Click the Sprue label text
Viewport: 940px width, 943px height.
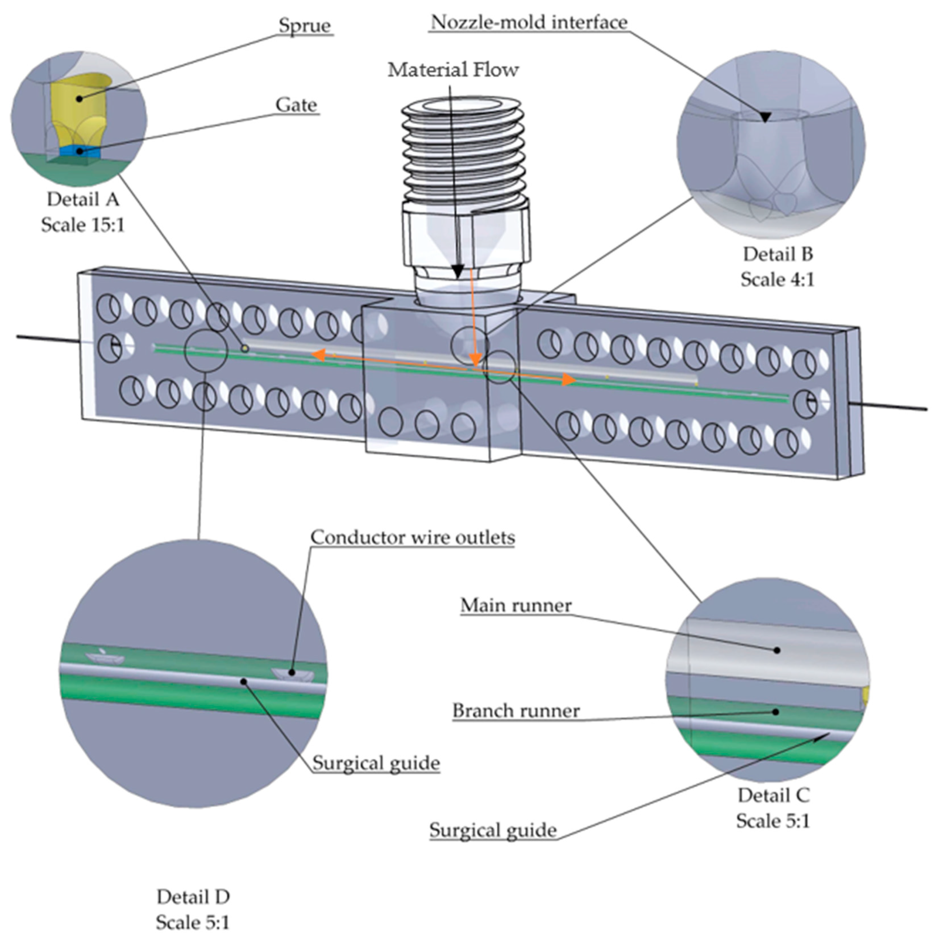tap(304, 26)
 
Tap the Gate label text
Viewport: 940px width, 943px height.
tap(296, 105)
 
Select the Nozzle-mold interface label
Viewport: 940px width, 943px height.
tap(529, 22)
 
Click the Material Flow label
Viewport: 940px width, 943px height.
tap(453, 70)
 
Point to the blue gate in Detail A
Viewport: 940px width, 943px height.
tap(80, 151)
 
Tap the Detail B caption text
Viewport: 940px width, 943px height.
tap(777, 254)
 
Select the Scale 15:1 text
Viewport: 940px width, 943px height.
tap(82, 225)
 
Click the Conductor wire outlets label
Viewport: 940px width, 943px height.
tap(413, 537)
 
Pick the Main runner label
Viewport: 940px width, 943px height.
tap(515, 606)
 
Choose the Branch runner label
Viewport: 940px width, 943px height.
tap(515, 711)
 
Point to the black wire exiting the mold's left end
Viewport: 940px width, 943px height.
tap(46, 339)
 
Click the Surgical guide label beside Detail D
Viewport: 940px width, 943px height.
tap(375, 763)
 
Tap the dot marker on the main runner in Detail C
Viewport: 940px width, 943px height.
tap(777, 650)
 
